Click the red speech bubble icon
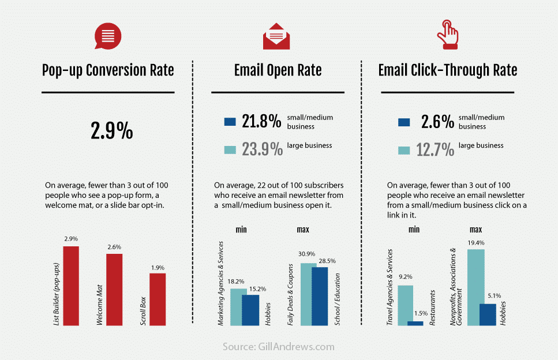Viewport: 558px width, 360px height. click(108, 36)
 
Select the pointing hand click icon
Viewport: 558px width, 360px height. click(448, 35)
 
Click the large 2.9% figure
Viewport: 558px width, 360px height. click(111, 132)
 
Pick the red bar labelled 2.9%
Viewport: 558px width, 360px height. click(70, 286)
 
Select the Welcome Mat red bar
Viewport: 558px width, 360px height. click(114, 290)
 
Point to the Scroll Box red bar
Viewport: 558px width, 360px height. click(158, 299)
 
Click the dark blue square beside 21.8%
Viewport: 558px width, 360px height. click(230, 122)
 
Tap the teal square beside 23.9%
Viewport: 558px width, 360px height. click(230, 150)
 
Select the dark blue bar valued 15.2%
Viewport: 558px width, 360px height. click(250, 310)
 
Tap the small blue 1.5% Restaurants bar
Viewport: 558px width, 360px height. click(415, 323)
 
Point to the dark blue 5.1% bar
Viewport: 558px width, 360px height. click(488, 314)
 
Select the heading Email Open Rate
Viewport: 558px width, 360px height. click(278, 70)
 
